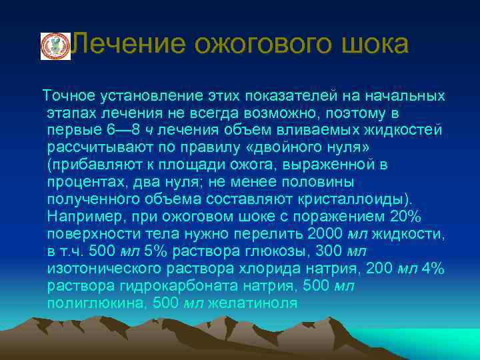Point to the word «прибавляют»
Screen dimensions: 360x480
[88, 165]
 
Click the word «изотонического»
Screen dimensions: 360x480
[103, 269]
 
